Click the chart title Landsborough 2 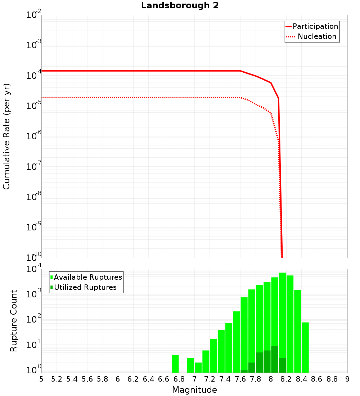click(x=180, y=6)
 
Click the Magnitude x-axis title click(x=194, y=390)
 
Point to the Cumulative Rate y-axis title click(x=6, y=136)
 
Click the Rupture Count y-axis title click(x=14, y=321)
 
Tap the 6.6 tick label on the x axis click(x=164, y=379)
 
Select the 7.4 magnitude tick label click(x=225, y=379)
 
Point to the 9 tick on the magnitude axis click(x=347, y=379)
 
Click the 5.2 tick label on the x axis click(x=57, y=379)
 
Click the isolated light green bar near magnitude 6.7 click(x=175, y=364)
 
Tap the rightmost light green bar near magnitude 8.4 click(x=305, y=347)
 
